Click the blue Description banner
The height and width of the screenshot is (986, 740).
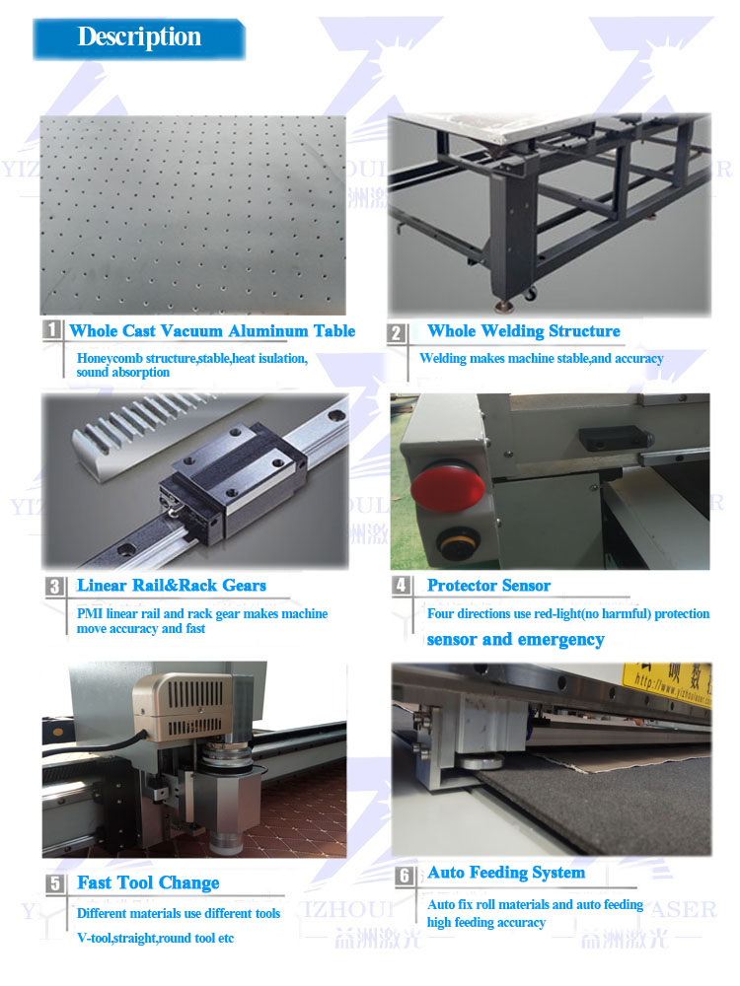click(x=139, y=37)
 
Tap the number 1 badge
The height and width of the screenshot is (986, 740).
click(x=52, y=330)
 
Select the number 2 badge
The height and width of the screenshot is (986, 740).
click(x=397, y=332)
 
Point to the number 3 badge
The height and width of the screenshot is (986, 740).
click(x=55, y=587)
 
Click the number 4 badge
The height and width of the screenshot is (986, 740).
click(x=401, y=586)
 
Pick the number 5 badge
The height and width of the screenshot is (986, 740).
click(x=56, y=883)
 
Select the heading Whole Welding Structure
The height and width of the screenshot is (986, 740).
click(x=523, y=331)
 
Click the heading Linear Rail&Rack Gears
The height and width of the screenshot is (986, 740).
click(x=172, y=586)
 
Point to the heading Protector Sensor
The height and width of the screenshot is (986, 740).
click(x=488, y=586)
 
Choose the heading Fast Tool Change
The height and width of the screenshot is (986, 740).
click(x=148, y=883)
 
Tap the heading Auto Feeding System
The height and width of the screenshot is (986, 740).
click(x=505, y=874)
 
